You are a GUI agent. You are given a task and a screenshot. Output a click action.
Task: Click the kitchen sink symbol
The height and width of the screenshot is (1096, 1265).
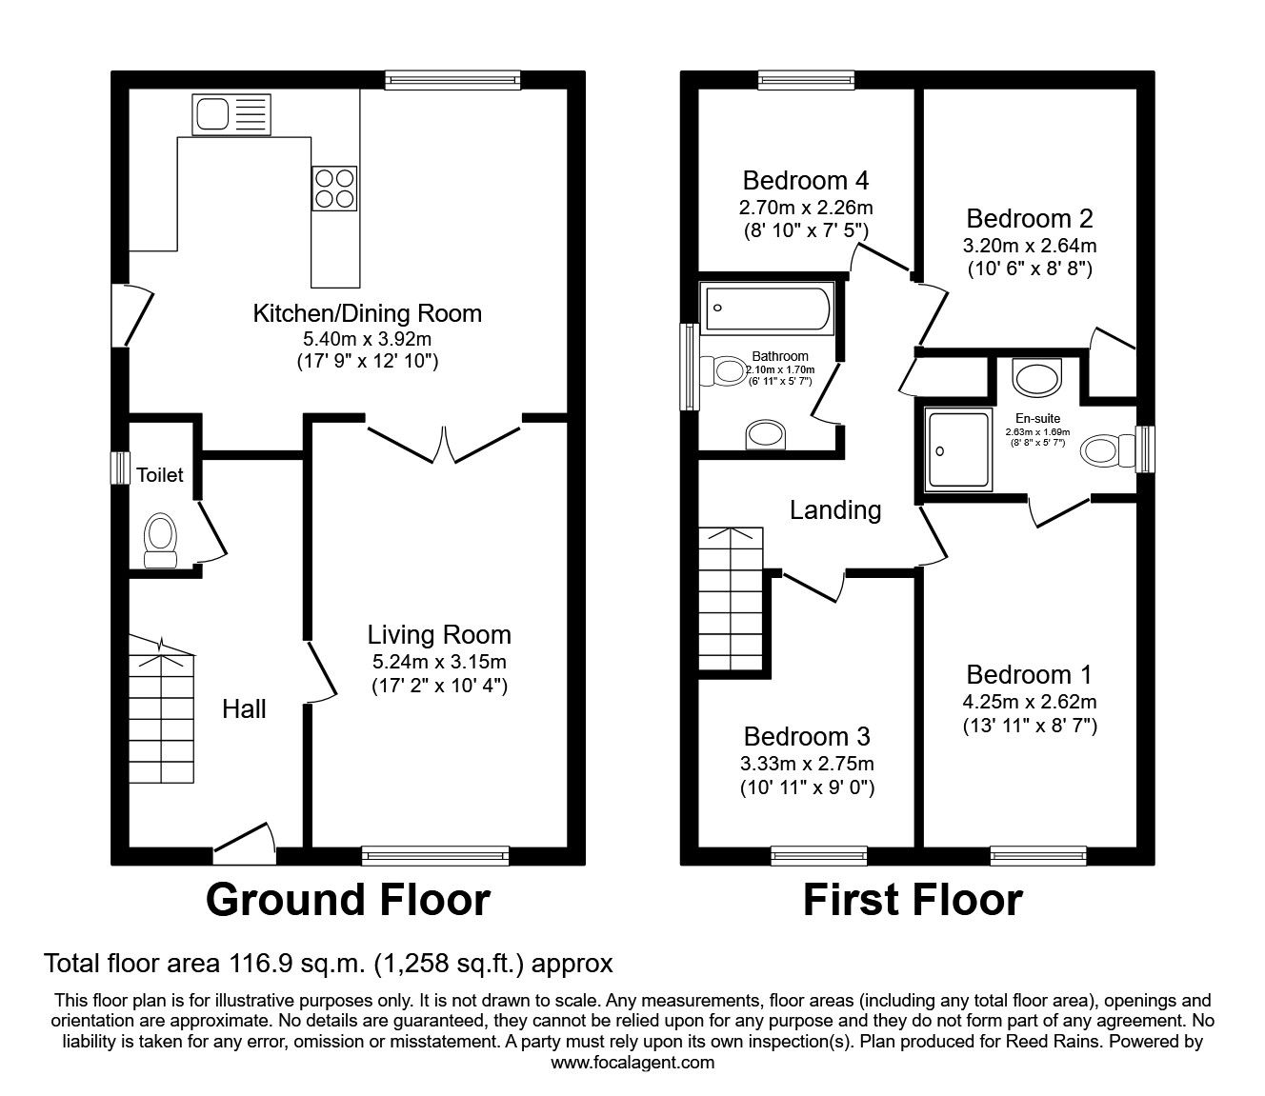point(231,114)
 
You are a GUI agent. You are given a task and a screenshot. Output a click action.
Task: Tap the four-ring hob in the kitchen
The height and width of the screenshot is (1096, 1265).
point(334,188)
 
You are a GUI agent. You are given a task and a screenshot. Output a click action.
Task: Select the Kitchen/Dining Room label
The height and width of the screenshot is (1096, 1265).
point(367,312)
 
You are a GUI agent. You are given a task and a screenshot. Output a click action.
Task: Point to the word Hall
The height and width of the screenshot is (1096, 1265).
point(244,708)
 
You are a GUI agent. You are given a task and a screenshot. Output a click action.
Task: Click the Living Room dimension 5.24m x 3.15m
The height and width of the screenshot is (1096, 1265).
point(439,661)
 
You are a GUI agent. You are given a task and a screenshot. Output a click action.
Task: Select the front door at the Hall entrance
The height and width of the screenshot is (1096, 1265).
point(245,844)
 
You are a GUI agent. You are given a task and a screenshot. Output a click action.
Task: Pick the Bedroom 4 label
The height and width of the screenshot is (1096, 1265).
point(806,180)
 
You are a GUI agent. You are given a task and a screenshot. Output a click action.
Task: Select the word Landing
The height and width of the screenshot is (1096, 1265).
point(835,510)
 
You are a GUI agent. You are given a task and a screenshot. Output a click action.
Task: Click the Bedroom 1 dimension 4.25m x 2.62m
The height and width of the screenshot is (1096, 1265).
point(1029,702)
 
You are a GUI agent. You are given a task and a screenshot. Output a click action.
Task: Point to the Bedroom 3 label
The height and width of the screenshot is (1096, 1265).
point(807,736)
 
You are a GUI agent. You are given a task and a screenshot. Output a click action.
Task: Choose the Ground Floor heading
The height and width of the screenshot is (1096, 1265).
point(348,900)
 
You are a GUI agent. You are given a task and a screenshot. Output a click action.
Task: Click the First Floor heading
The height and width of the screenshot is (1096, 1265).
point(913,900)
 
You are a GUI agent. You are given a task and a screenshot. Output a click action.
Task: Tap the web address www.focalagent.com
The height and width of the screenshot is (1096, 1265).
point(632,1063)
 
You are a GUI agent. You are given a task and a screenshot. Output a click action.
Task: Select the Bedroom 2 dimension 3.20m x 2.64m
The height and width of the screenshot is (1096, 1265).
point(1029,246)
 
